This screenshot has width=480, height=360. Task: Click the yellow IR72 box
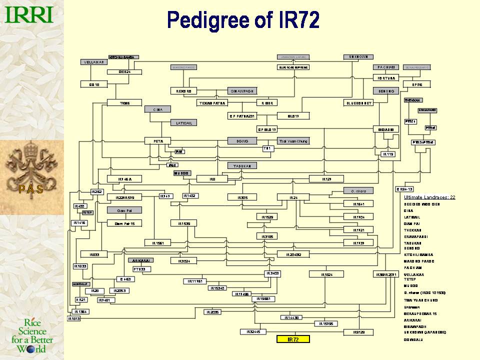293,339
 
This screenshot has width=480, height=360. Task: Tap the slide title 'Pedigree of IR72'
243,20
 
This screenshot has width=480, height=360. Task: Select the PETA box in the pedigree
158,141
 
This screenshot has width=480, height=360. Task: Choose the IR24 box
293,197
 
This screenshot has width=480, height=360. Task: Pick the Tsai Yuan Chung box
293,141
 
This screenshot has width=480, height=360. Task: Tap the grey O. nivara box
358,190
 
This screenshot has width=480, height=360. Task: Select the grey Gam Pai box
125,210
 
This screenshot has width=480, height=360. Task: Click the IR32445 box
250,332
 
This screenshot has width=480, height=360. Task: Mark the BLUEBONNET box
359,103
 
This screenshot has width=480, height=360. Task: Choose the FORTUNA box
386,78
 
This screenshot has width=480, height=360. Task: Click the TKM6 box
125,103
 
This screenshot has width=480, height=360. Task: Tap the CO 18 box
94,84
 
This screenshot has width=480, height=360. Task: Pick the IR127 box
326,178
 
